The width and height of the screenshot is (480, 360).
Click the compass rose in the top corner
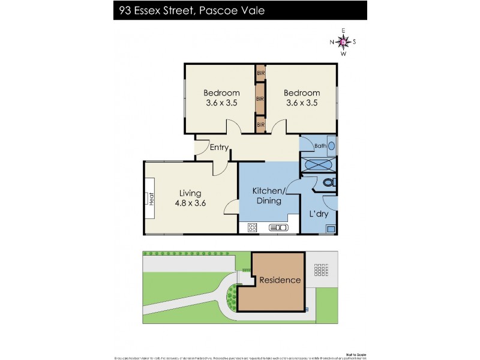tap(343, 41)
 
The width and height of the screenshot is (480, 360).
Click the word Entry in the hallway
tap(218, 147)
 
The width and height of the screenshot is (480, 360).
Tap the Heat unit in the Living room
tap(151, 197)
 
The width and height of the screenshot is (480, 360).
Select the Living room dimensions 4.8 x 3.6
tap(190, 203)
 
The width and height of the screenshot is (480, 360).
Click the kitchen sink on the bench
tap(278, 227)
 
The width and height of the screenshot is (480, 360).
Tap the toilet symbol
tap(328, 182)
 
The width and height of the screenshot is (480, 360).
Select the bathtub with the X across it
tap(317, 164)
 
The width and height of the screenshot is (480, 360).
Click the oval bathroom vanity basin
tap(331, 146)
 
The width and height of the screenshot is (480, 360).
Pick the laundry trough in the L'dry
tap(331, 228)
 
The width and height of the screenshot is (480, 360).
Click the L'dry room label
tap(318, 214)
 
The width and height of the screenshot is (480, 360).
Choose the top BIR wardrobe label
tap(260, 73)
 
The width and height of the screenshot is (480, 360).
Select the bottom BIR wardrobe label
tap(260, 124)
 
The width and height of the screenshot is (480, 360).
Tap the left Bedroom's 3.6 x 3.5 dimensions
tap(221, 103)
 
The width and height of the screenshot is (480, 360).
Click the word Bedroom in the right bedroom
tap(302, 93)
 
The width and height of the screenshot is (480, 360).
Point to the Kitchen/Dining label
tap(269, 196)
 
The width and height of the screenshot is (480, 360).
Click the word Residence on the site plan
tap(280, 280)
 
